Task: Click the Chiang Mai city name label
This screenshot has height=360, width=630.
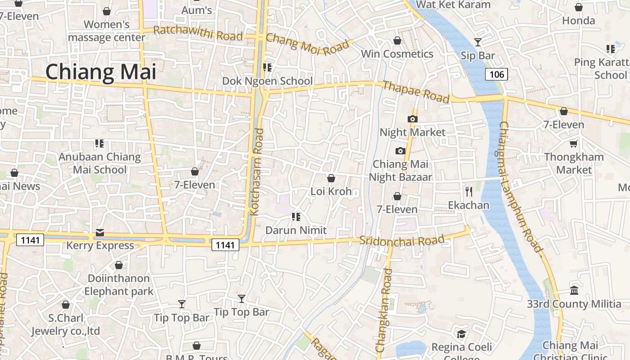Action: coord(101,72)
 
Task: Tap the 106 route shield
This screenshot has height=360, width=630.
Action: coord(497,74)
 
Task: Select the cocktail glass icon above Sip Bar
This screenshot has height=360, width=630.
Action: coord(478,42)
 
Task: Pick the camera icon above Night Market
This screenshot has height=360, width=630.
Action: coord(412,119)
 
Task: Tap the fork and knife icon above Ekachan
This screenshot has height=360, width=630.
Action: coord(469,192)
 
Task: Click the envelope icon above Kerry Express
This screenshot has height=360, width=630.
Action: coord(99,233)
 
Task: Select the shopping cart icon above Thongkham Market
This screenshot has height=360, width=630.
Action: coord(574,144)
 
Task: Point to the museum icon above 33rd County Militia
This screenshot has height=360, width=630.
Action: coord(574,291)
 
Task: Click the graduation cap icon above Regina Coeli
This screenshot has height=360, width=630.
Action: coord(461,334)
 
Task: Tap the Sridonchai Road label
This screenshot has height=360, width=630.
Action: coord(402,240)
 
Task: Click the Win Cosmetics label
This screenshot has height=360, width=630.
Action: coord(397,54)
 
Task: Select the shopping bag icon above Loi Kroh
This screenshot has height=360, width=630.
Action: coord(331,178)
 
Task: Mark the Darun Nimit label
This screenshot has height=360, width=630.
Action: coord(296,230)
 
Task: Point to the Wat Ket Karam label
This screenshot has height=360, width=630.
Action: coord(453,4)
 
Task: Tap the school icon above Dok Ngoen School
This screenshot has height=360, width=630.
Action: coord(267,67)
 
